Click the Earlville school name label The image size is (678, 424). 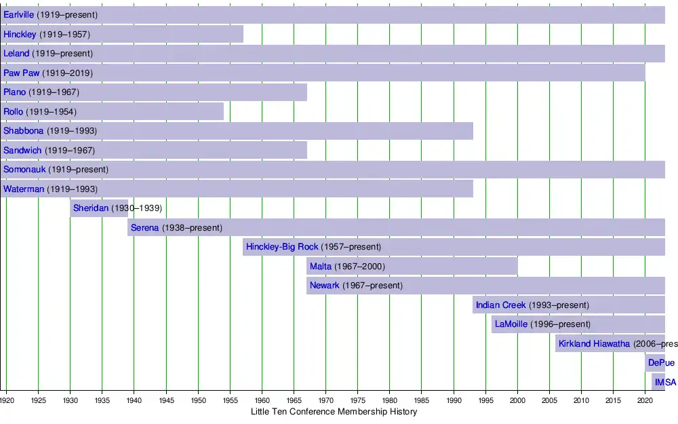pos(19,15)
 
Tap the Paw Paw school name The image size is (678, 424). pos(21,73)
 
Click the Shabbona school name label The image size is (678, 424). pos(24,131)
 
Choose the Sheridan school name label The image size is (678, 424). pos(91,208)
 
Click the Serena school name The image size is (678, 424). pos(144,228)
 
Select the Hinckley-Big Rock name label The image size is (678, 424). pos(282,247)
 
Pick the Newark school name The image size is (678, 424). pos(324,286)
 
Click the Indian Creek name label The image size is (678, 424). pos(500,305)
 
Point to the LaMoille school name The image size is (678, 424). pos(511,324)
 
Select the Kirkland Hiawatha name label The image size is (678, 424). pos(594,344)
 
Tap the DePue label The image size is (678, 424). pos(661,363)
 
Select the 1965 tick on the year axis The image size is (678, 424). pos(294,400)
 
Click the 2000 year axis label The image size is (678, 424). pos(517,400)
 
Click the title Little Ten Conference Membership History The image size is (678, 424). pos(334,412)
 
